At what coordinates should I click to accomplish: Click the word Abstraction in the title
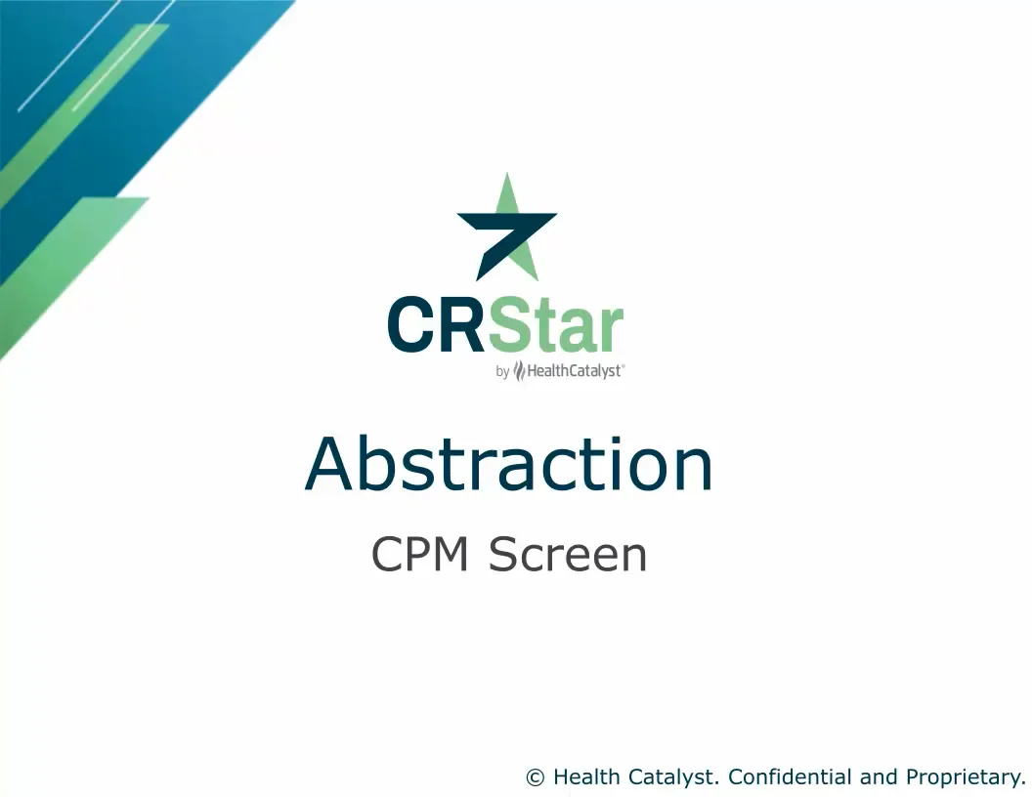(x=509, y=465)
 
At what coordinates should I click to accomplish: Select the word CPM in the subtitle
(x=421, y=556)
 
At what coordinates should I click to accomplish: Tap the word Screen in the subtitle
(x=568, y=556)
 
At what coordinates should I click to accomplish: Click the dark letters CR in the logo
(x=436, y=326)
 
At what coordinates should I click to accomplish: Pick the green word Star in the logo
(x=555, y=326)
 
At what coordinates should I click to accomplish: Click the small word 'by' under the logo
(x=502, y=371)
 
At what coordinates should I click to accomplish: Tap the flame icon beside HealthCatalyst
(x=519, y=371)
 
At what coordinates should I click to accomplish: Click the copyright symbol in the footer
(x=535, y=777)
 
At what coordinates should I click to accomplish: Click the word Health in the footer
(x=583, y=777)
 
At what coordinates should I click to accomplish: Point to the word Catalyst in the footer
(x=671, y=777)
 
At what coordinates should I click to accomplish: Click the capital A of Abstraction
(x=329, y=465)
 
